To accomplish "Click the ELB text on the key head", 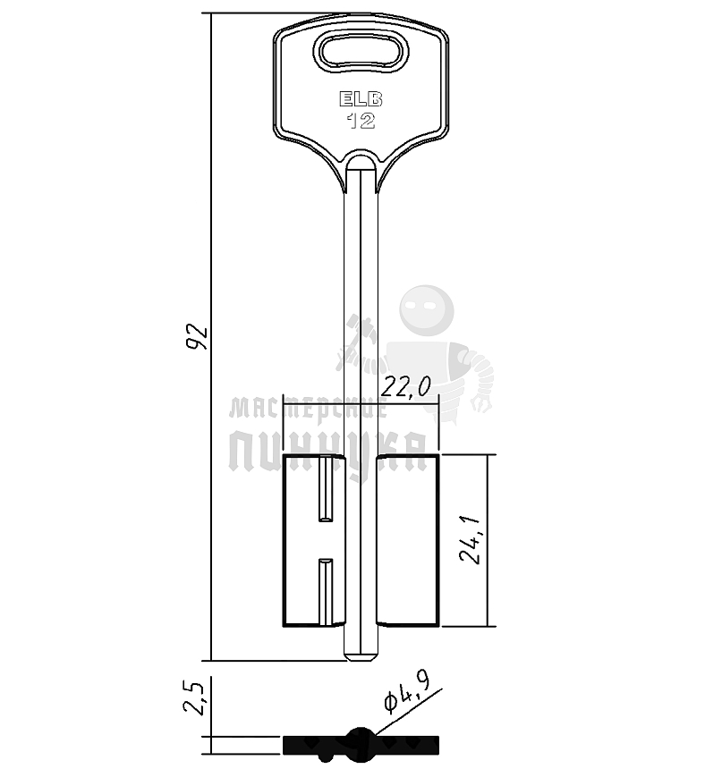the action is click(x=361, y=99).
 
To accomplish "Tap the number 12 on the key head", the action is click(x=361, y=121).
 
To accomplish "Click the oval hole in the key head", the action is click(x=361, y=50).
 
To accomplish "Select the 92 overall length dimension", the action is click(x=198, y=337).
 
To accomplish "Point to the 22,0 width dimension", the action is click(x=406, y=387).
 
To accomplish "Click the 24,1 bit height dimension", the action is click(x=471, y=540).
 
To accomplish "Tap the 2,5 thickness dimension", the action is click(x=195, y=697).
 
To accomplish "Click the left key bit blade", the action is click(x=314, y=540).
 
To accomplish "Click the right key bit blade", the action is click(x=408, y=540).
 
